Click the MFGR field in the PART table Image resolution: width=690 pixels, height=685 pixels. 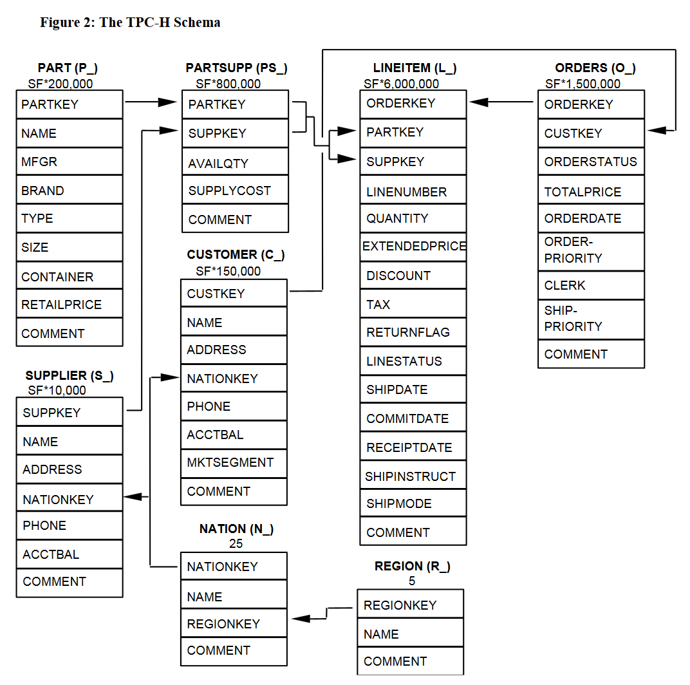tap(70, 162)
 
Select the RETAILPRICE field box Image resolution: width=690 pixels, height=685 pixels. tap(70, 304)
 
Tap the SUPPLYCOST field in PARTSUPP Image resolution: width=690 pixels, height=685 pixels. tap(236, 190)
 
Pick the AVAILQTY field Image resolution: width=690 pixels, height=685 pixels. tap(236, 162)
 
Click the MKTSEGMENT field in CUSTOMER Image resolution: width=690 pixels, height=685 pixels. tap(234, 463)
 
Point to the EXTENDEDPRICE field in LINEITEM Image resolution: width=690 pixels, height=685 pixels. tap(413, 247)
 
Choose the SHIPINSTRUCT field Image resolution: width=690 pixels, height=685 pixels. tap(413, 476)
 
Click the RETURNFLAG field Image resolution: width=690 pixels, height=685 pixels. tap(413, 332)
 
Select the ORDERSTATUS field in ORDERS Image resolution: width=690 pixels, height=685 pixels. tap(591, 162)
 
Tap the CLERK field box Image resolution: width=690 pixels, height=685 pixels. tap(591, 285)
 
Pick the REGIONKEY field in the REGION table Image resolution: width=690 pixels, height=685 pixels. tap(411, 605)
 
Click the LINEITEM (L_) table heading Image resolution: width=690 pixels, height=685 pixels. tap(415, 68)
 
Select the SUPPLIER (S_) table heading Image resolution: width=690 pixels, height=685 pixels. tap(70, 375)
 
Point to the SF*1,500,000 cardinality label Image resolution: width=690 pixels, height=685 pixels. tap(583, 84)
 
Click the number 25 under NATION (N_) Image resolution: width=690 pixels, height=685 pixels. tap(236, 543)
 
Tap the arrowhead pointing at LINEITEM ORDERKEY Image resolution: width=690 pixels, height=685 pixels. tap(479, 102)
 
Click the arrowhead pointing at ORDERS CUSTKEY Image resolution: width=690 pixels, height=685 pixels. tap(657, 130)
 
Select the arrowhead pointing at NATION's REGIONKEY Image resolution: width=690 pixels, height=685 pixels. tap(301, 619)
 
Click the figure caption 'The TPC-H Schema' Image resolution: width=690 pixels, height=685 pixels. tap(160, 23)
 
